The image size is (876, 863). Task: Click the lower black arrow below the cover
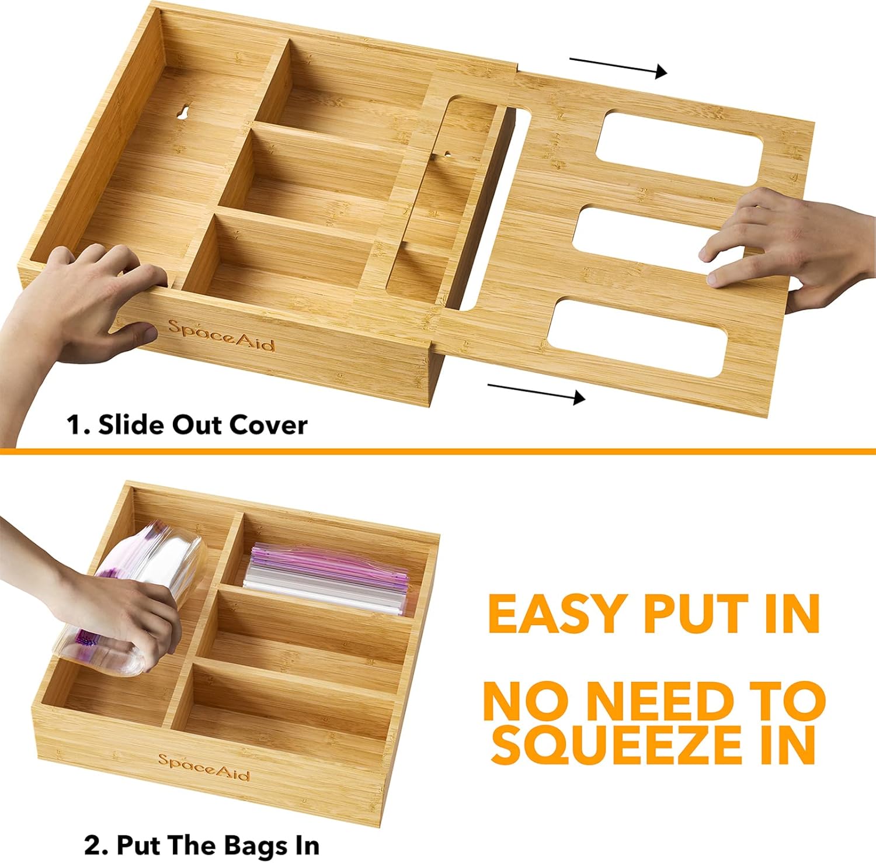tap(536, 392)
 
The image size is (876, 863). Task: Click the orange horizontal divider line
tap(438, 452)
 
